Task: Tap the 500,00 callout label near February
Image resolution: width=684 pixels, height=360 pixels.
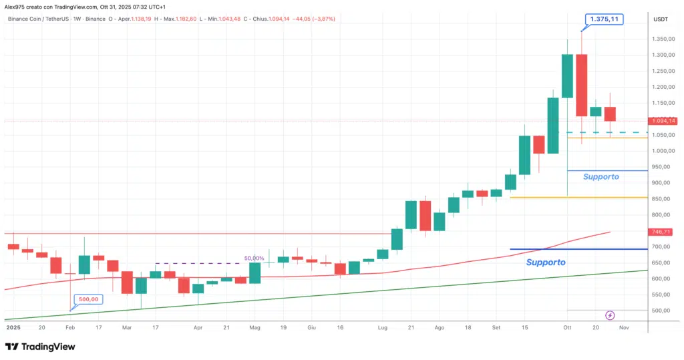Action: (x=90, y=299)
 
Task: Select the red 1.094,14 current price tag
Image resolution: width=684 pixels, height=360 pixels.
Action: (x=663, y=121)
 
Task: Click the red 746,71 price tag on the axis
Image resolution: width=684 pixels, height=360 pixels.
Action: (x=663, y=232)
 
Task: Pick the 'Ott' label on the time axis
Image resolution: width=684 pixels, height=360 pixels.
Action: (x=567, y=329)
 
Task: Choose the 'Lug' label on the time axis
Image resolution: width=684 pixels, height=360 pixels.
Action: (x=382, y=329)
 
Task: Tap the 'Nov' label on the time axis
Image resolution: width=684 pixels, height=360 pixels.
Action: (x=624, y=329)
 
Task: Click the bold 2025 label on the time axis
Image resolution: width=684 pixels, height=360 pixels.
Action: (x=13, y=329)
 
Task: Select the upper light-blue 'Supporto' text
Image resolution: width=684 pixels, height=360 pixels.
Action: (x=601, y=177)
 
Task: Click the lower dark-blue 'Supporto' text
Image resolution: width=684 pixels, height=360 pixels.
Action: (x=545, y=262)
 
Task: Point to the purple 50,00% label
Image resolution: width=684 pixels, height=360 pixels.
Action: (x=254, y=258)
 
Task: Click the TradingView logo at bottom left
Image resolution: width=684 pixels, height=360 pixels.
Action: (x=40, y=347)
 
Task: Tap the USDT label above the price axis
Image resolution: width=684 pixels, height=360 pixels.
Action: (x=660, y=19)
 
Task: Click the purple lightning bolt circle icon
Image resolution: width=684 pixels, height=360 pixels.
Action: (x=610, y=315)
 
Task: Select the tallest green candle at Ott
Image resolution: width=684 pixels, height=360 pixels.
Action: (x=567, y=76)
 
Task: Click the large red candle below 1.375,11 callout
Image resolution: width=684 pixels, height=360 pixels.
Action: (x=581, y=85)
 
